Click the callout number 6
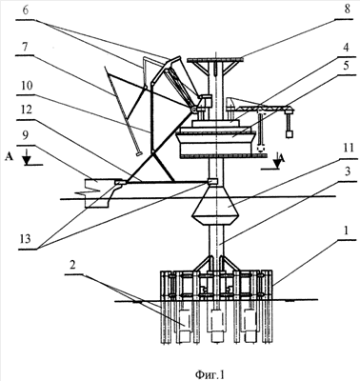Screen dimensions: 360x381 (x=26, y=10)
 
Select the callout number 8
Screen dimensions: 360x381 (x=348, y=9)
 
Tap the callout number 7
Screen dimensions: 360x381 (x=25, y=47)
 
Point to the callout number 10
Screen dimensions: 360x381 (x=28, y=86)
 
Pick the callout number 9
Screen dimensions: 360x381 (x=26, y=136)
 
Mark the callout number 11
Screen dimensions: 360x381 (x=349, y=147)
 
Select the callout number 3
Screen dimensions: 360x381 (x=348, y=171)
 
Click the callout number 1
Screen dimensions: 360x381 (x=347, y=231)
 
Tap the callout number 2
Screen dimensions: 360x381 (x=72, y=266)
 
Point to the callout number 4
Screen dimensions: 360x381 (x=347, y=49)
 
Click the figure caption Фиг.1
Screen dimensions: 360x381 (x=210, y=374)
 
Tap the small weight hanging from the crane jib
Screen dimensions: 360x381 (x=290, y=134)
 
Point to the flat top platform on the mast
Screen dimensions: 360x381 (x=215, y=59)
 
